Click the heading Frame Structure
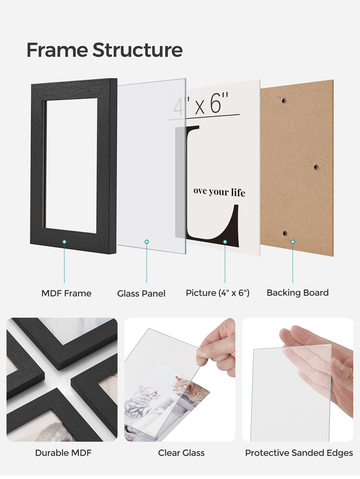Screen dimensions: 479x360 [x=104, y=50]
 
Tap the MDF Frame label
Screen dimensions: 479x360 [x=66, y=293]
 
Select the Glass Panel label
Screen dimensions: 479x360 [x=141, y=294]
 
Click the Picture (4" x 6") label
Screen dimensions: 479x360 [x=218, y=293]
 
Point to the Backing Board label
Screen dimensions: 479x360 [x=298, y=293]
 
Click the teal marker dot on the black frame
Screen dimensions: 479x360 [x=64, y=242]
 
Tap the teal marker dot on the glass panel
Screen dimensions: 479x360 [x=147, y=242]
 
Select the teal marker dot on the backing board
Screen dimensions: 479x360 [x=293, y=242]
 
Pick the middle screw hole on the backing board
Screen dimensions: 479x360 [x=316, y=167]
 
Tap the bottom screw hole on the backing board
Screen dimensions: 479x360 [x=285, y=233]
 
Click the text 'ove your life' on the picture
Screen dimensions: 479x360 [x=219, y=192]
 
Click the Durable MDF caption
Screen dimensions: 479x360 [x=63, y=453]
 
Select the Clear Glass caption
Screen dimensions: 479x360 [x=181, y=453]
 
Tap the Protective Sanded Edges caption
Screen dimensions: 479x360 [x=299, y=453]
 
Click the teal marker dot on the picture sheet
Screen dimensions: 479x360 [x=225, y=242]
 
